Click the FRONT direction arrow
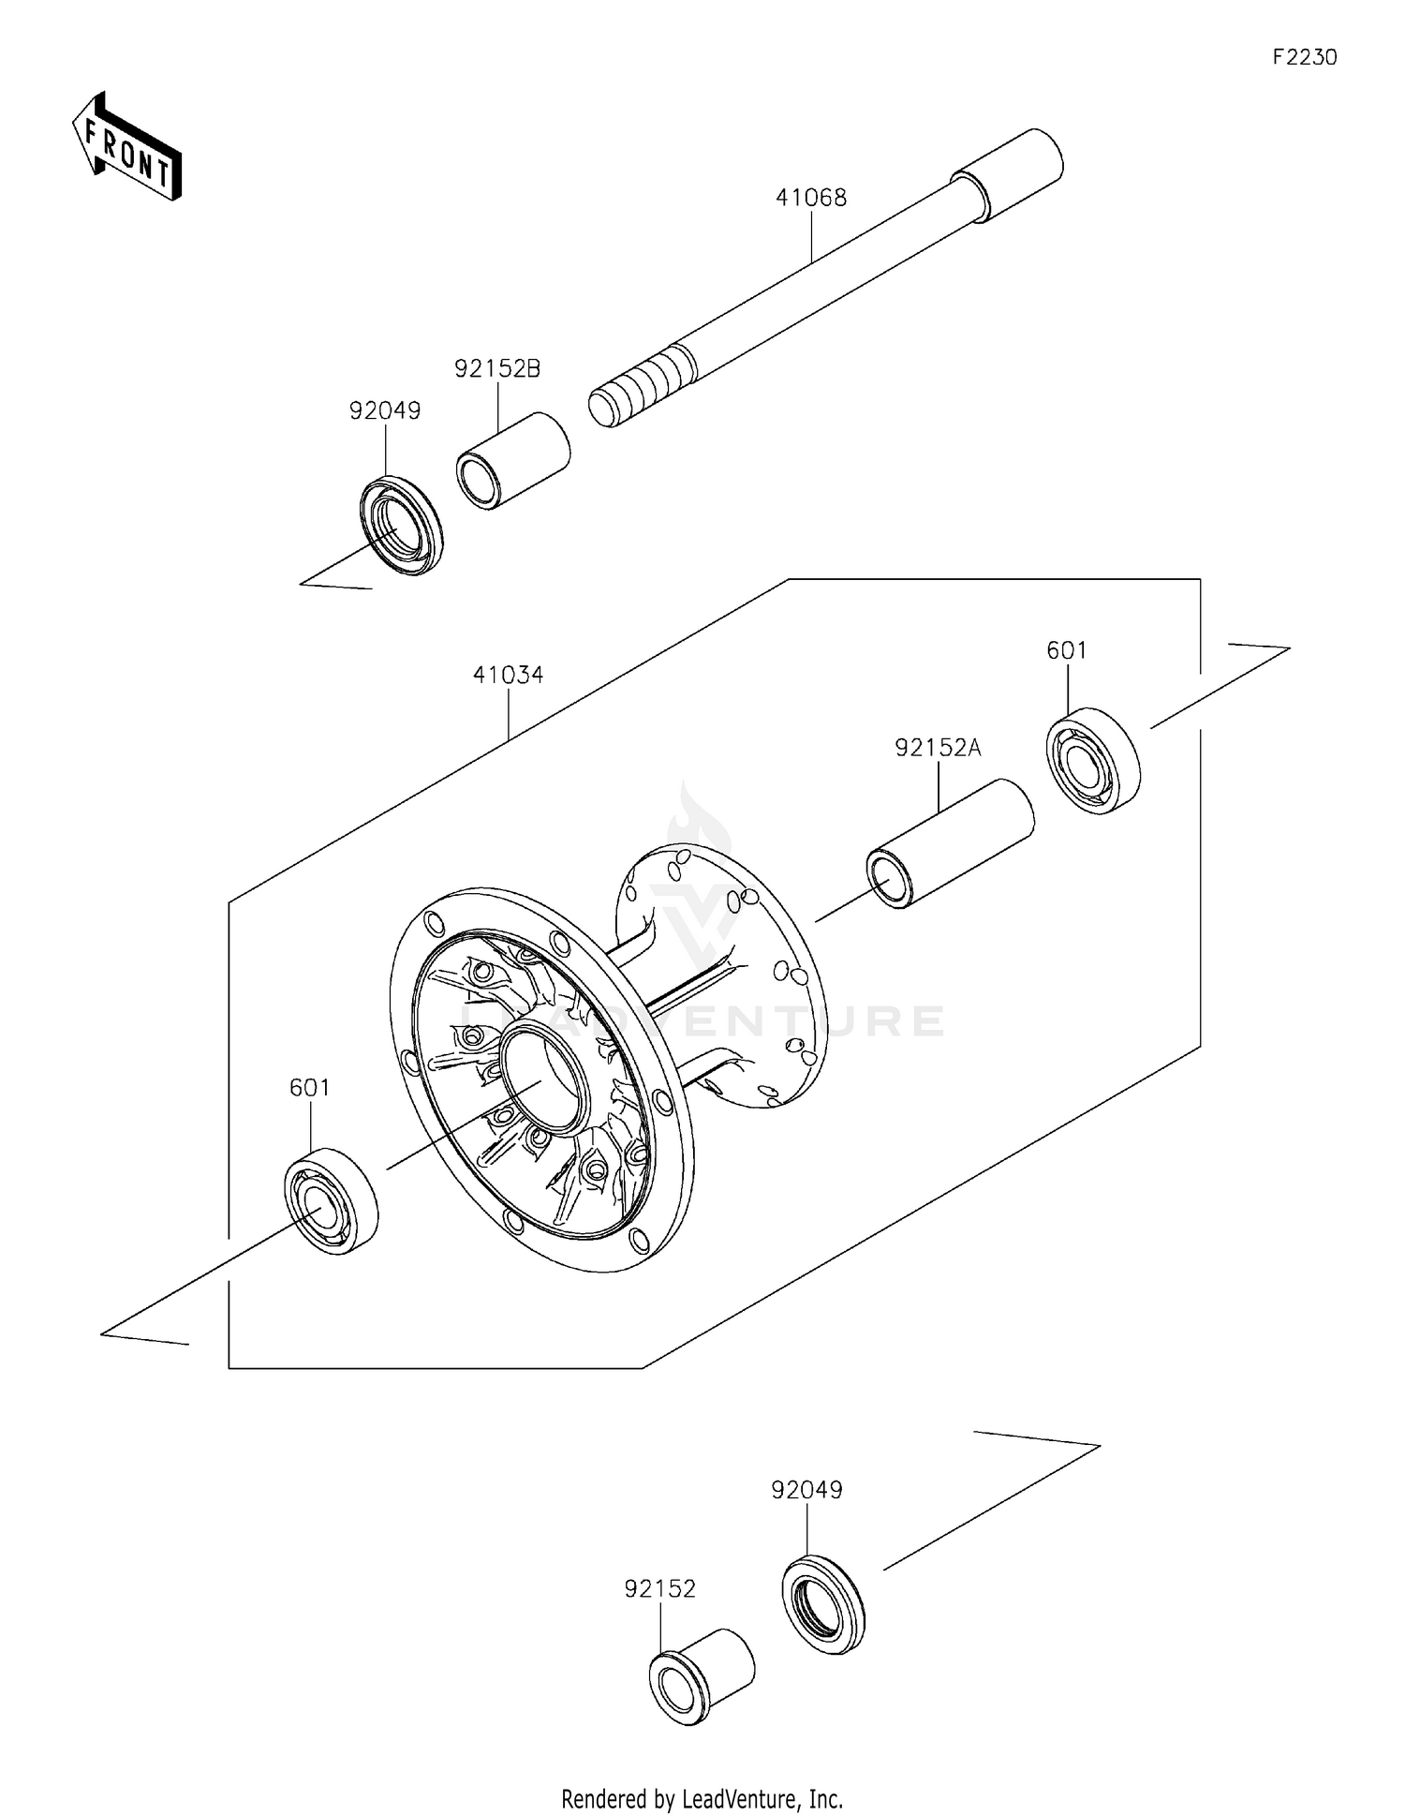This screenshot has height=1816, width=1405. (x=127, y=148)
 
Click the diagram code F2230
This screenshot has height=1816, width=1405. (x=1304, y=57)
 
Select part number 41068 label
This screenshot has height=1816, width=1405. (x=810, y=198)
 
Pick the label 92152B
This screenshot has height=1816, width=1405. (x=497, y=368)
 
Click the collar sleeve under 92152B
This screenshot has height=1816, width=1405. (x=513, y=460)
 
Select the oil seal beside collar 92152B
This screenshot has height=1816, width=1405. (x=402, y=526)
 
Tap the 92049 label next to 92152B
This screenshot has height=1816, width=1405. (x=385, y=410)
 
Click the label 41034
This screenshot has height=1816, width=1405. (x=508, y=675)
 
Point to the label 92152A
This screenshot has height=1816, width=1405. (x=938, y=748)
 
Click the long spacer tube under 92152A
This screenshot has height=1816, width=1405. (x=950, y=843)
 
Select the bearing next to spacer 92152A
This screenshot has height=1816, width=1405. (x=1092, y=761)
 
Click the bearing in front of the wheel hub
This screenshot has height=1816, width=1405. (x=331, y=1200)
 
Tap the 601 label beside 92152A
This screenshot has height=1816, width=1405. (x=1066, y=650)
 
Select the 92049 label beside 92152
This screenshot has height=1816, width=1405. (x=806, y=1489)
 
